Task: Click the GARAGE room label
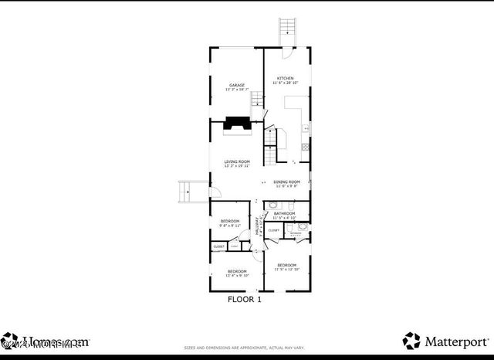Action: [x=236, y=85]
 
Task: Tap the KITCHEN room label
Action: [x=286, y=79]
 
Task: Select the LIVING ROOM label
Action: [x=237, y=161]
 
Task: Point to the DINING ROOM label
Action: [x=286, y=182]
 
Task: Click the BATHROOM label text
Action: [x=285, y=213]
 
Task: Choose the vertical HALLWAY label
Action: [x=259, y=227]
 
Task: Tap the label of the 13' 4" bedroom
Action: [x=236, y=271]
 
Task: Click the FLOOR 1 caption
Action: [x=244, y=299]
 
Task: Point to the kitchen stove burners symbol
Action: [x=306, y=145]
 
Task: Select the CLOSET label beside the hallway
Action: [x=274, y=229]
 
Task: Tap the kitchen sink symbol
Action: [x=306, y=127]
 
